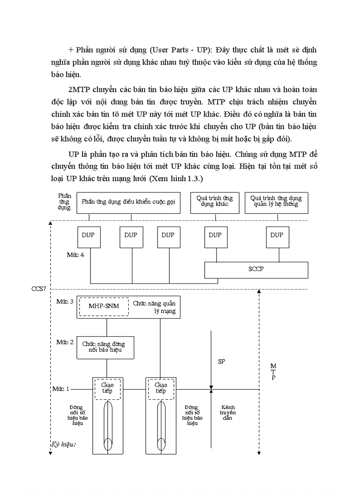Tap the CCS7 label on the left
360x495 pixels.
pyautogui.click(x=38, y=289)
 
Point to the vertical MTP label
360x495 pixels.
pyautogui.click(x=273, y=372)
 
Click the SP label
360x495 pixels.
pyautogui.click(x=222, y=361)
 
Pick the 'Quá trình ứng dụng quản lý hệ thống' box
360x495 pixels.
pyautogui.click(x=276, y=202)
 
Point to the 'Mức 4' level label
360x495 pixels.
pyautogui.click(x=75, y=256)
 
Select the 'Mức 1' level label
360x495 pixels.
pyautogui.click(x=61, y=389)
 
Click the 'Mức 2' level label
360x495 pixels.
pyautogui.click(x=65, y=342)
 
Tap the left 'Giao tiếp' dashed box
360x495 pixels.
pyautogui.click(x=107, y=388)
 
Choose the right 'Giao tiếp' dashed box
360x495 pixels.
pyautogui.click(x=161, y=388)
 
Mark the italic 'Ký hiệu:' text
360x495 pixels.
pyautogui.click(x=64, y=444)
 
